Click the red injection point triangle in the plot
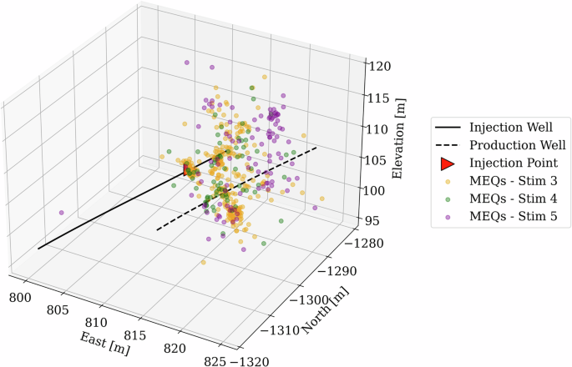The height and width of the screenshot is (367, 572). pos(187,169)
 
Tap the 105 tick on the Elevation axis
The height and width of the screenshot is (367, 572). pos(378,159)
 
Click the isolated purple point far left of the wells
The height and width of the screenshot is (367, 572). pos(61,213)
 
